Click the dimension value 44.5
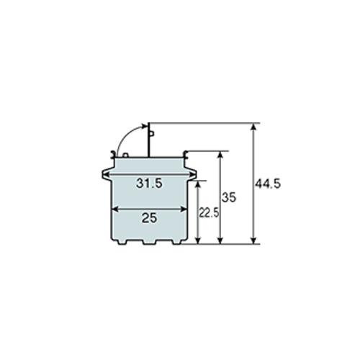pyautogui.click(x=267, y=184)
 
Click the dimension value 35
pyautogui.click(x=229, y=197)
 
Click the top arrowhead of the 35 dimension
pyautogui.click(x=221, y=154)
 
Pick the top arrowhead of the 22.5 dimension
pyautogui.click(x=197, y=184)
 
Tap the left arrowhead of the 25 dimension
pyautogui.click(x=113, y=210)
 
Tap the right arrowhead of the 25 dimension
pyautogui.click(x=185, y=210)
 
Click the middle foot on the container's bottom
pyautogui.click(x=149, y=241)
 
